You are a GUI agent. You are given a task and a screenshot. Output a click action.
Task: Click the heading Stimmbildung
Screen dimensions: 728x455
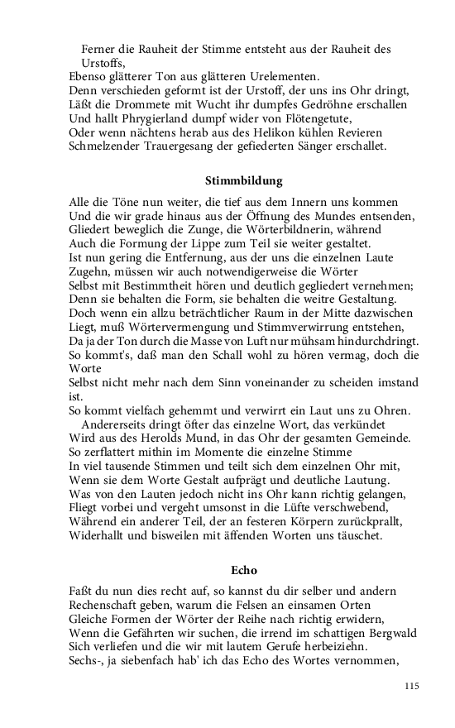(x=243, y=180)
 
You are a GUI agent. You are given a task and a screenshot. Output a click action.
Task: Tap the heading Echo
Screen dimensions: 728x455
(x=243, y=570)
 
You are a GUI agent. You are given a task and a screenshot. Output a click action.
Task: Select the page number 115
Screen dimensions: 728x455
(x=413, y=686)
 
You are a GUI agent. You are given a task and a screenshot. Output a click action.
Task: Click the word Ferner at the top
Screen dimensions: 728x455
(x=99, y=49)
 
